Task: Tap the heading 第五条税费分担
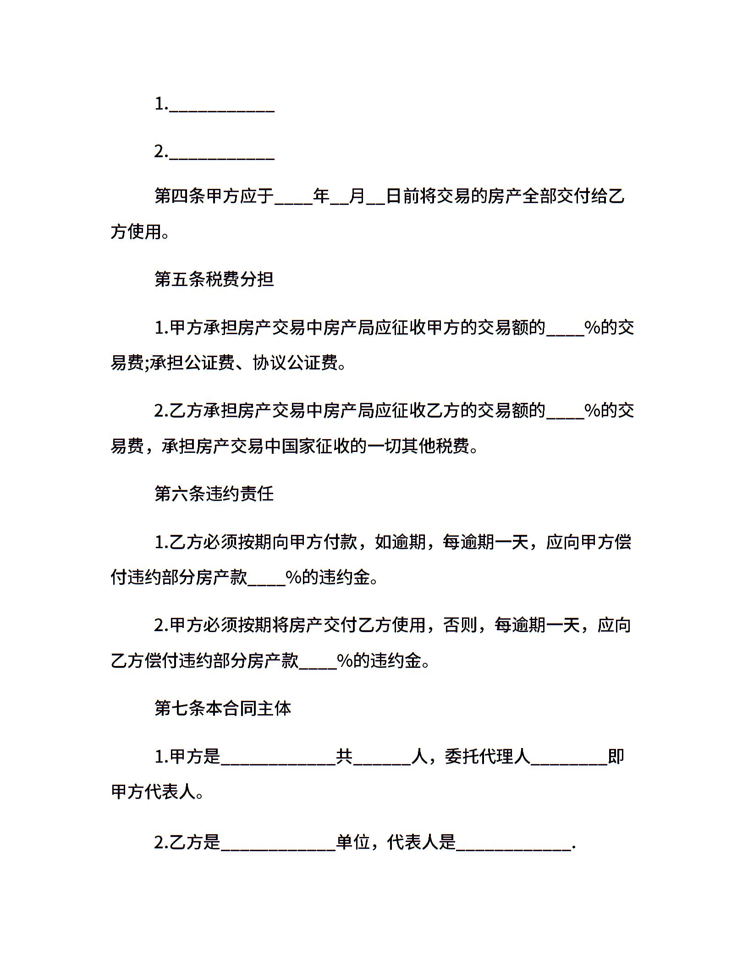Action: click(214, 279)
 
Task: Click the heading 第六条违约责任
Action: click(214, 494)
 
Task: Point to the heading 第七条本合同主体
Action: click(223, 708)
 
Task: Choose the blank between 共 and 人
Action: click(382, 758)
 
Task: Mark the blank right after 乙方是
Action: click(278, 843)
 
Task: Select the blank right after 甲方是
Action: click(278, 758)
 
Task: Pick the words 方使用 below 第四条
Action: click(136, 232)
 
